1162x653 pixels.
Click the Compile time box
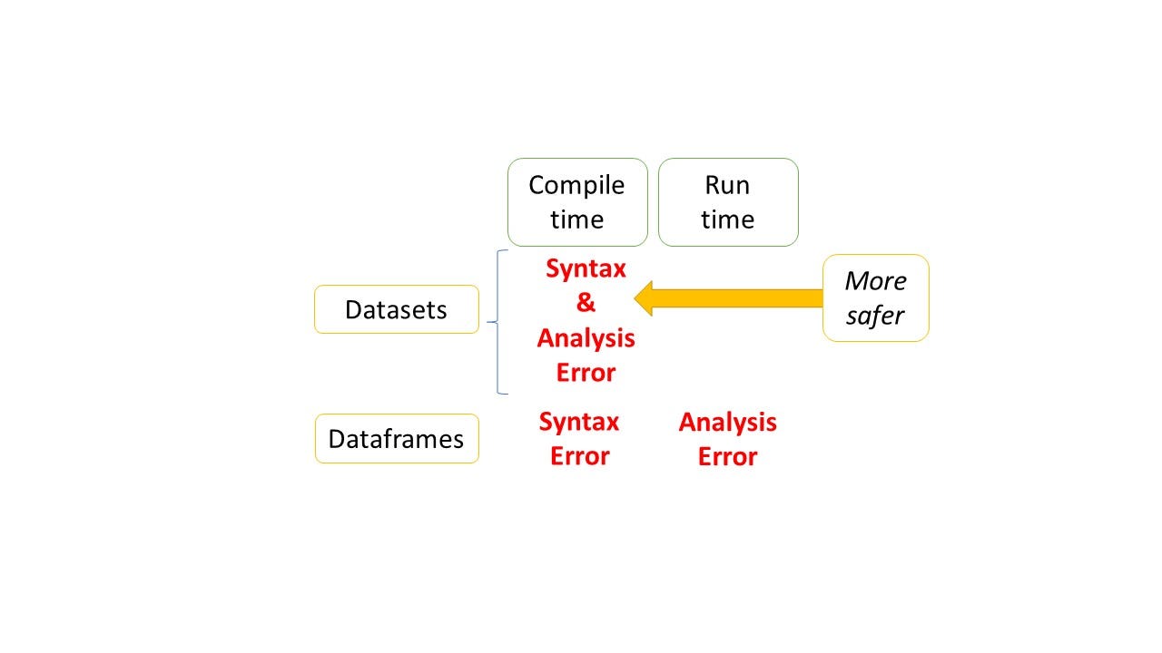coord(577,202)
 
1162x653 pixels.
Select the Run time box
coord(728,202)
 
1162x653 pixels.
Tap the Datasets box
coord(397,309)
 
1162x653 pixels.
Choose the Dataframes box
coord(397,438)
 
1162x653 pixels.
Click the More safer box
coord(876,298)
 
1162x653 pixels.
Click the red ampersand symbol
coord(586,302)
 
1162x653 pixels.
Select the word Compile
coord(576,186)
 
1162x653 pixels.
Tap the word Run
coord(727,186)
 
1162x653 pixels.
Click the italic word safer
coord(874,316)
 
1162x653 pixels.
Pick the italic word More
coord(876,281)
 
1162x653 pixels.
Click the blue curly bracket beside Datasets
coord(497,322)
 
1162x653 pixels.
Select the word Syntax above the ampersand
coord(586,269)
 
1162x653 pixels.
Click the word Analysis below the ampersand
coord(586,339)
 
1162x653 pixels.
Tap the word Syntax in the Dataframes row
coord(579,423)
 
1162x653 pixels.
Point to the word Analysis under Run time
coord(727,423)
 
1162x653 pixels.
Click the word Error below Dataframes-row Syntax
coord(579,456)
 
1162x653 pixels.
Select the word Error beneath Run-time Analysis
coord(727,457)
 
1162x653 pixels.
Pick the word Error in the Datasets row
coord(586,373)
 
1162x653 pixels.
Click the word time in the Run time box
coord(727,219)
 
